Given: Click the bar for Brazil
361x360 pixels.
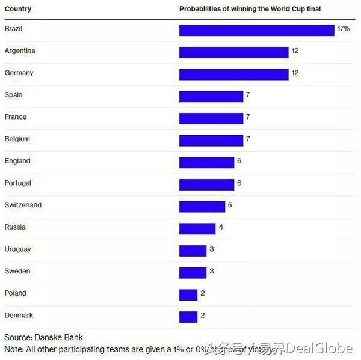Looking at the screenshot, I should [256, 30].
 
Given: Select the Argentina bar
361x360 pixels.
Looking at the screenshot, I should [233, 52].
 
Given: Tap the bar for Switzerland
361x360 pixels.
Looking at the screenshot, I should [202, 207].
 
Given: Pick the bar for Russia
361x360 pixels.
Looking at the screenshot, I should [197, 228].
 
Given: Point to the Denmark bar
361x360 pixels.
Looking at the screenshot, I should [188, 317].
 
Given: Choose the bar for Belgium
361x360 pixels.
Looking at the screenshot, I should [211, 141].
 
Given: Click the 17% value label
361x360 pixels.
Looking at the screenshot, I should [344, 29].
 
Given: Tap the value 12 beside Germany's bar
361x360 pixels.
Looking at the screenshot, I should [295, 73].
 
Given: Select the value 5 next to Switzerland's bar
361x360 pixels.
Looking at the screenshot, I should [230, 206].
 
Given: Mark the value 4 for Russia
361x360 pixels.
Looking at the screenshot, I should [221, 228].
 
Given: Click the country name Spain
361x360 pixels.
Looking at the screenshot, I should [13, 95].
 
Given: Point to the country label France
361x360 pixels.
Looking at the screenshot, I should [15, 117].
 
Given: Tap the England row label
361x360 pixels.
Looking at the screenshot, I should [17, 161].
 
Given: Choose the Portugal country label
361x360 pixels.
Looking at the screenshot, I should [17, 183].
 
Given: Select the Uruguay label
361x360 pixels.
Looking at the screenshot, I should [17, 249].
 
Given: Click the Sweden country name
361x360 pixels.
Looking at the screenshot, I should [17, 272].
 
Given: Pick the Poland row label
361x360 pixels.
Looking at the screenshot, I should [15, 293].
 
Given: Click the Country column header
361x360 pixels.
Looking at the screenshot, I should [17, 9].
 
